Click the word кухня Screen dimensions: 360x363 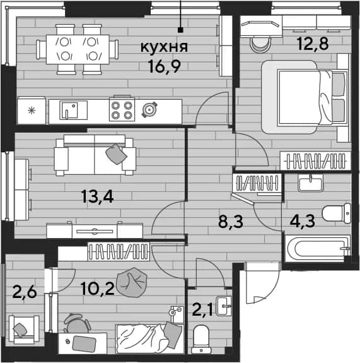164,47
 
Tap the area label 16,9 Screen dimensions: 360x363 165,66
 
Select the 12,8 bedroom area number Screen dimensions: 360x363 313,44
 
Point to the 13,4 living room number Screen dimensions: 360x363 97,197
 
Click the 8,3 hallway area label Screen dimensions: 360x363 231,222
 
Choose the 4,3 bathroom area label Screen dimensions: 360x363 302,221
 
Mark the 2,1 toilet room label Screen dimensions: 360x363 202,310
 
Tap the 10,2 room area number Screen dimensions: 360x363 98,289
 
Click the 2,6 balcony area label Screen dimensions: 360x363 25,292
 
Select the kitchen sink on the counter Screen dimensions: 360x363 73,110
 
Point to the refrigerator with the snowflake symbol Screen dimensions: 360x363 32,110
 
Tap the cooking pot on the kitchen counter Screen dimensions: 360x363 149,109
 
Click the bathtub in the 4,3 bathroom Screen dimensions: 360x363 318,249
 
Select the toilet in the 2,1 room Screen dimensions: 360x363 200,339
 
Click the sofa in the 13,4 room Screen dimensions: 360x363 95,155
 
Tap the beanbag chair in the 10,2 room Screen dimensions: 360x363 132,282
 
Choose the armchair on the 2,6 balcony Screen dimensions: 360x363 23,329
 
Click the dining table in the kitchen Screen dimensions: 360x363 78,49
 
